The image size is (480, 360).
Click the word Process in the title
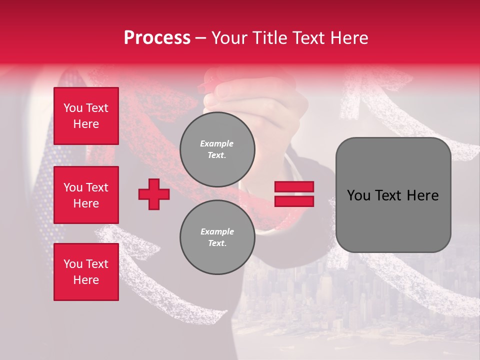coord(157,38)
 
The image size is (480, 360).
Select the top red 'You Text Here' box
coord(86,116)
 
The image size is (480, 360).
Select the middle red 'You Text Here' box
coord(86,195)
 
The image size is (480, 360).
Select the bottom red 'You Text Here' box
coord(86,272)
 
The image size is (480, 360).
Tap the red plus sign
coord(154,194)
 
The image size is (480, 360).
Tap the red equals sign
coord(294,194)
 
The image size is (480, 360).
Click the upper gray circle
coord(217,149)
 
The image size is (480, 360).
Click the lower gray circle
coord(217,237)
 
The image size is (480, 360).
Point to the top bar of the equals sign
coord(294,187)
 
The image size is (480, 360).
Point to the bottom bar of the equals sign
coord(294,201)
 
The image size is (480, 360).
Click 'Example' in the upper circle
coord(217,144)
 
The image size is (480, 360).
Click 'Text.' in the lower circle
coord(217,243)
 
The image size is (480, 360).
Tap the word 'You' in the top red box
coord(72,108)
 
